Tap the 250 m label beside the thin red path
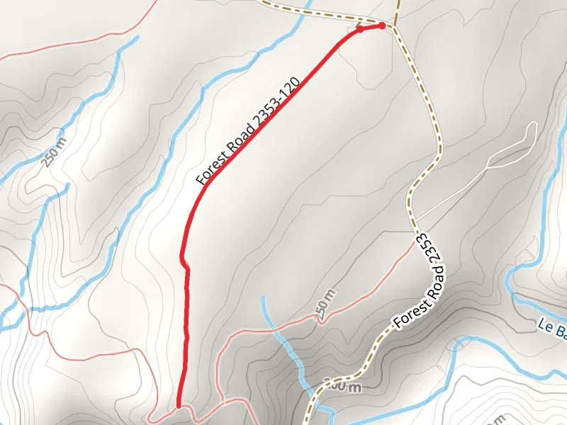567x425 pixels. (324, 304)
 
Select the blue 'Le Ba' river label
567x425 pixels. (552, 328)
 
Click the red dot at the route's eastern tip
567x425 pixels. (382, 25)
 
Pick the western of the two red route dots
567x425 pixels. (359, 30)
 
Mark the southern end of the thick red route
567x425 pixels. (179, 406)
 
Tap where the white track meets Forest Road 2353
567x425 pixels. (415, 220)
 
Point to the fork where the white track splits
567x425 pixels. (489, 166)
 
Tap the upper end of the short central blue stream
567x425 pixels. (263, 297)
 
